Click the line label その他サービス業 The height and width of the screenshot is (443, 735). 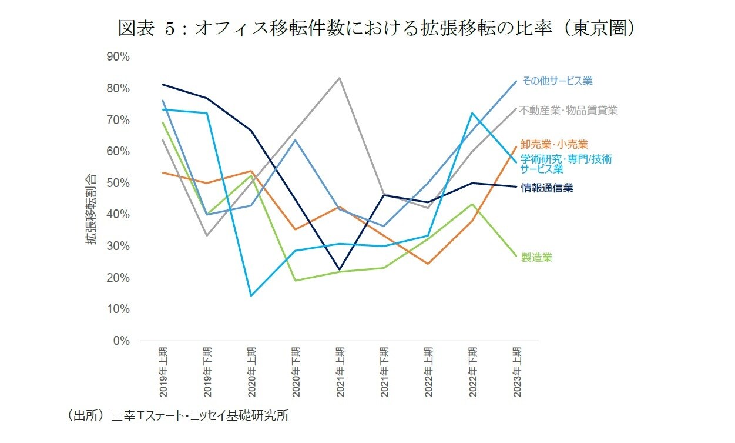(557, 81)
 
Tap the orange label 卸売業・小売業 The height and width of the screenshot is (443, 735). (554, 144)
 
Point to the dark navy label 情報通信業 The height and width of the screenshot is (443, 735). (547, 188)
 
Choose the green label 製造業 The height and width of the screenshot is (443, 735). (536, 258)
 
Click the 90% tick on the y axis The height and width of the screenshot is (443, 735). (119, 57)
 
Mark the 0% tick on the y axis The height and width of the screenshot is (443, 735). (122, 341)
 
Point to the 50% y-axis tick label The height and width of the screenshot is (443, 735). (119, 183)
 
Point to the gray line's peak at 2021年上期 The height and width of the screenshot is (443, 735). (340, 78)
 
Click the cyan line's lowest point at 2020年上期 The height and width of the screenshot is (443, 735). (251, 295)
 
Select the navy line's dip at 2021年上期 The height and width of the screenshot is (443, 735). (340, 269)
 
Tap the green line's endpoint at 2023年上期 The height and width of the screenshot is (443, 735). (516, 256)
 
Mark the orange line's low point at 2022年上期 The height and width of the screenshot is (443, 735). (428, 264)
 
